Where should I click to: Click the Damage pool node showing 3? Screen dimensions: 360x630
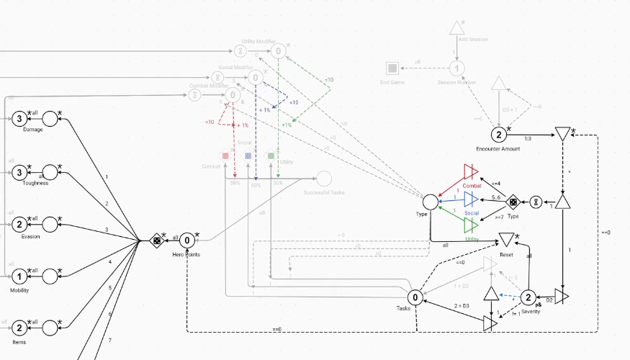point(19,119)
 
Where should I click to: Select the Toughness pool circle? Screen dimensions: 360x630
point(19,172)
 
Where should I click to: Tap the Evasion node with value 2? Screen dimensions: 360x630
point(19,225)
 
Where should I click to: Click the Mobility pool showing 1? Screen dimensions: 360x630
point(19,276)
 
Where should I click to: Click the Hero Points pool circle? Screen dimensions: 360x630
point(186,240)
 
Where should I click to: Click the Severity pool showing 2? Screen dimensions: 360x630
point(527,297)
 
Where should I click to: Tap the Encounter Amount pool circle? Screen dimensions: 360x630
point(498,135)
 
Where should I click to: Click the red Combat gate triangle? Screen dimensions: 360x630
point(471,171)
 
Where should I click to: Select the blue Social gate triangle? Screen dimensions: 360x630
point(471,199)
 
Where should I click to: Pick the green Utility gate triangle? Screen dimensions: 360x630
point(471,225)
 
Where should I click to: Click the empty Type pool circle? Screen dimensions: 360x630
point(431,202)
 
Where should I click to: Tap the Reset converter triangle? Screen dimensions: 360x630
point(507,239)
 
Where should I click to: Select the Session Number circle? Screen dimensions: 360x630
point(456,68)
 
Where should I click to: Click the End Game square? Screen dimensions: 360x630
point(392,68)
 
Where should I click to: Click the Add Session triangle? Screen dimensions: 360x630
point(456,28)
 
